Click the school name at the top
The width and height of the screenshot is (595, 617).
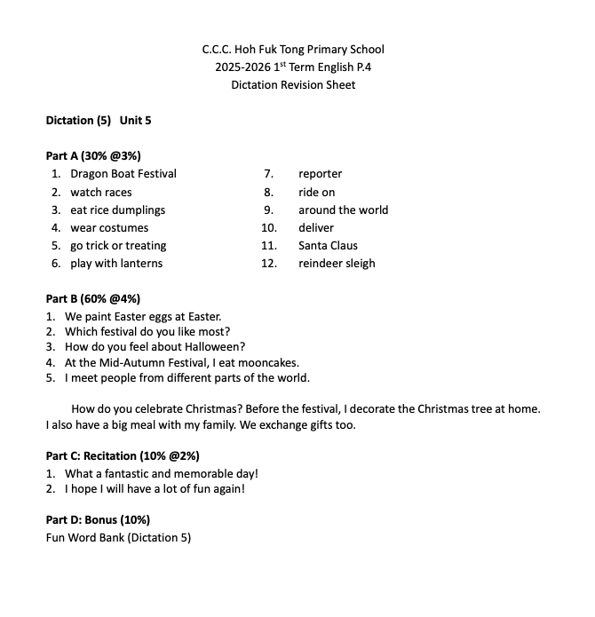pos(293,50)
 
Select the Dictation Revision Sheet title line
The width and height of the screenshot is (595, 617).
pos(293,85)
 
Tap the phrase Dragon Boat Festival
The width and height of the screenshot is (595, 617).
pos(123,174)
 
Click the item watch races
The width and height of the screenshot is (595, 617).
pos(101,192)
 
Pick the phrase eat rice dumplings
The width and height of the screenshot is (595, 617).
pos(118,210)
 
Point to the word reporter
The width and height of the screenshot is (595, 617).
pos(320,174)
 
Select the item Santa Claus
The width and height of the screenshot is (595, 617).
pos(328,246)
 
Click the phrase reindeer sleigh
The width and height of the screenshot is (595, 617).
pos(337,264)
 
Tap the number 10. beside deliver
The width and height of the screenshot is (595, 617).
pos(269,228)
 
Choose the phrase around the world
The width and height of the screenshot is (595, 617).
pos(343,210)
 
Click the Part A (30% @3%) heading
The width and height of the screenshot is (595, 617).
pos(93,156)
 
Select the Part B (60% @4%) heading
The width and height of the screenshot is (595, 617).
pos(93,299)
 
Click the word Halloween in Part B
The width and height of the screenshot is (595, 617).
pos(216,346)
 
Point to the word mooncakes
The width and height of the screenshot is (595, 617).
pos(270,362)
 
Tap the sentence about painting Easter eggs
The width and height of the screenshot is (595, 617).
pos(143,316)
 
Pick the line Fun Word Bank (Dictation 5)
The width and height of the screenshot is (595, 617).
pos(118,537)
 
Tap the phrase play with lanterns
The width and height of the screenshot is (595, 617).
pos(116,264)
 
